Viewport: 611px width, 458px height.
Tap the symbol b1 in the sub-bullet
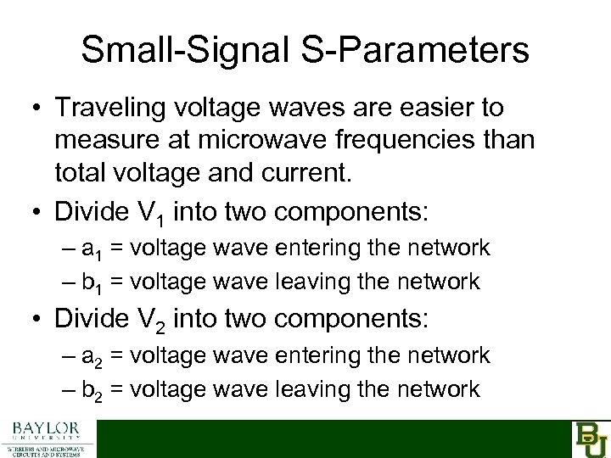point(92,281)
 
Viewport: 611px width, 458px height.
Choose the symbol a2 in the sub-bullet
point(92,356)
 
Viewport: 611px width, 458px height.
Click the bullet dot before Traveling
point(34,109)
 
